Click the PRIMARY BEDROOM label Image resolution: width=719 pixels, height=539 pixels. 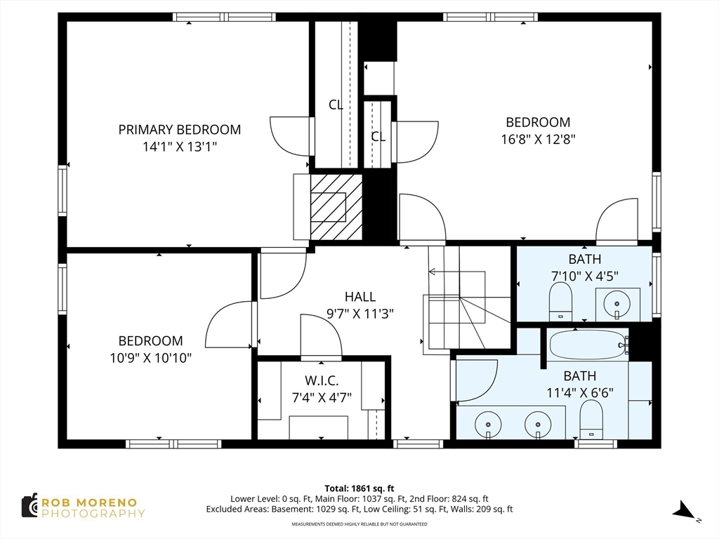pyautogui.click(x=179, y=130)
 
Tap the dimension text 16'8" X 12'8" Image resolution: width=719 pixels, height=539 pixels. pyautogui.click(x=538, y=139)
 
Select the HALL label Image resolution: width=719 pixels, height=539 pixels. pyautogui.click(x=360, y=297)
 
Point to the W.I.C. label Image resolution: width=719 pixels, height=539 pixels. pyautogui.click(x=322, y=380)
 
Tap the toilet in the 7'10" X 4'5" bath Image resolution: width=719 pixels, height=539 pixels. pyautogui.click(x=560, y=302)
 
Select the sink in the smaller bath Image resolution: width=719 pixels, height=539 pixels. pyautogui.click(x=617, y=304)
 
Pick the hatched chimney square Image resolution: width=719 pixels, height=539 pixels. pyautogui.click(x=336, y=207)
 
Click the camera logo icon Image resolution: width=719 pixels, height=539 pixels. pyautogui.click(x=29, y=506)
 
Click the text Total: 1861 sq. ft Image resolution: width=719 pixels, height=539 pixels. pyautogui.click(x=359, y=488)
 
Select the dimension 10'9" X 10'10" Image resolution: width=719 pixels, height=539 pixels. pyautogui.click(x=150, y=358)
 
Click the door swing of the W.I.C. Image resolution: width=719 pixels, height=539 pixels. pyautogui.click(x=321, y=335)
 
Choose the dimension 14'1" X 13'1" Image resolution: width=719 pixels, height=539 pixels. pyautogui.click(x=179, y=147)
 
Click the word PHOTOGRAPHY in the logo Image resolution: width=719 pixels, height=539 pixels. pyautogui.click(x=93, y=513)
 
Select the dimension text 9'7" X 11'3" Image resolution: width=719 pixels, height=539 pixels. pyautogui.click(x=360, y=314)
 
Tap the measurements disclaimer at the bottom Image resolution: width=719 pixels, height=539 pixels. pyautogui.click(x=359, y=524)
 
